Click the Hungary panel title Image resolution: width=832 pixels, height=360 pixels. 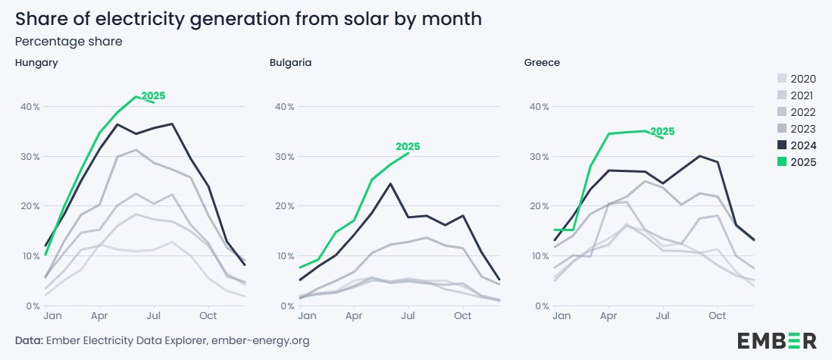(36, 62)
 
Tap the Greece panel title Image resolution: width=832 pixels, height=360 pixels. (542, 62)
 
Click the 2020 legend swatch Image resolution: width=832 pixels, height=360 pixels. (782, 79)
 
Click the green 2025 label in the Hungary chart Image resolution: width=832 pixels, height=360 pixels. (153, 96)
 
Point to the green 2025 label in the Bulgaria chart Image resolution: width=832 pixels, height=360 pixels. (408, 147)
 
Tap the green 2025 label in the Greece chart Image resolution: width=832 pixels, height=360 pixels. (662, 132)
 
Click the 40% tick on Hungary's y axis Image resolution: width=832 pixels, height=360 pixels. (30, 107)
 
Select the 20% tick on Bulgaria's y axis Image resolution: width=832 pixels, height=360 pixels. (284, 206)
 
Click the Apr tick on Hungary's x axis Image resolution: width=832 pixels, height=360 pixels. (99, 315)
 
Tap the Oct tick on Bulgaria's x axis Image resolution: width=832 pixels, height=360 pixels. (462, 315)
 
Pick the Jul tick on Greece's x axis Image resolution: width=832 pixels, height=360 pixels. (664, 315)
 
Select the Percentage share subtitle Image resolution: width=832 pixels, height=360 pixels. (69, 41)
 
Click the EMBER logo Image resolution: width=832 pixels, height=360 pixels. (776, 340)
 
